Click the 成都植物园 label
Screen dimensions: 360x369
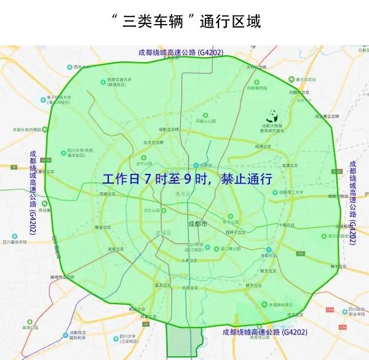[x=255, y=88]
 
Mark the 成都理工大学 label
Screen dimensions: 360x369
[x=292, y=192]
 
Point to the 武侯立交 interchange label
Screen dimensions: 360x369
[x=116, y=249]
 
